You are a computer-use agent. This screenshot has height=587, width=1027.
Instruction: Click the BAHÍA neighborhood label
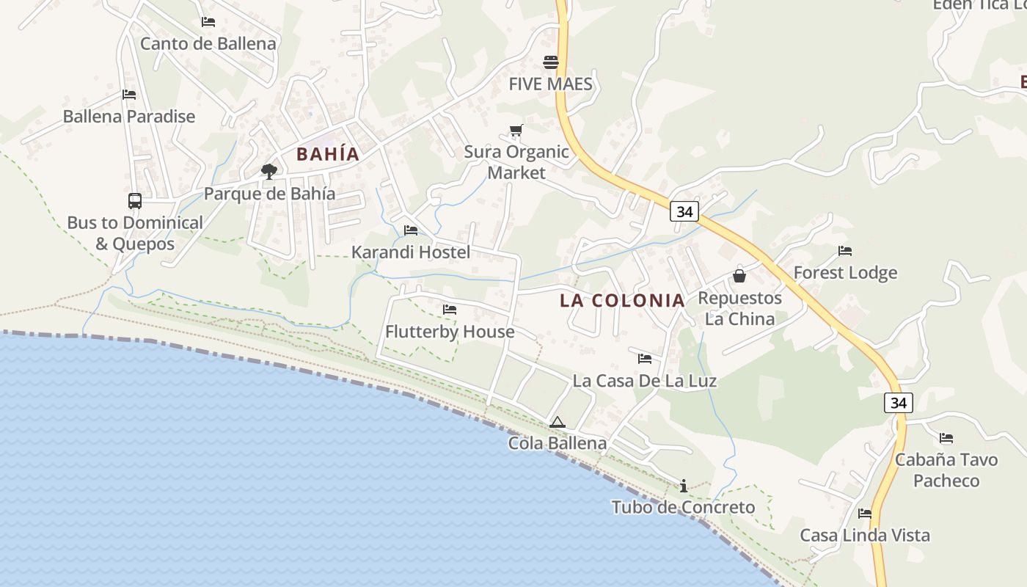(x=328, y=154)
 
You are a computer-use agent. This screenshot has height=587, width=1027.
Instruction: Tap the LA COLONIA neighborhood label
(x=622, y=300)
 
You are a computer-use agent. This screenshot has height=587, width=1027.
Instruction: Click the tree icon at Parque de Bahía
(x=269, y=172)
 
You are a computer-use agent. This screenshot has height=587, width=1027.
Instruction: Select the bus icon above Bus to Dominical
(x=135, y=200)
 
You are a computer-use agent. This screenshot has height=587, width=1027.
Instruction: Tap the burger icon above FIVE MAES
(x=551, y=62)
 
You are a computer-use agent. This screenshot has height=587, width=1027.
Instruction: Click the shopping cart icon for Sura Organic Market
(x=516, y=131)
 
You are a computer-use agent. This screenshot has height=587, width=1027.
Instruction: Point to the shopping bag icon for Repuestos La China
(x=739, y=276)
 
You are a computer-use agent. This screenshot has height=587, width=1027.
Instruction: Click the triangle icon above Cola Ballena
(x=558, y=422)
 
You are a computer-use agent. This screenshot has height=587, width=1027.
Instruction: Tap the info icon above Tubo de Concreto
(x=684, y=486)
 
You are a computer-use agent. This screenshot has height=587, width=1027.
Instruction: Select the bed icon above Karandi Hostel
(x=411, y=230)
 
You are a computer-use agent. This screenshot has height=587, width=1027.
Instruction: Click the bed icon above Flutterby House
(x=450, y=310)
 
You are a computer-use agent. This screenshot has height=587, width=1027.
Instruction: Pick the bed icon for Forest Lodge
(x=845, y=251)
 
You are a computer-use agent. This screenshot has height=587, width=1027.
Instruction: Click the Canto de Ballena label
(x=208, y=43)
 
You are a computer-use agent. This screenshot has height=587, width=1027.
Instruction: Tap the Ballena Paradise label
(x=129, y=116)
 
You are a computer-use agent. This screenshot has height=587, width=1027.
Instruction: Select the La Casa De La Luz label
(x=645, y=381)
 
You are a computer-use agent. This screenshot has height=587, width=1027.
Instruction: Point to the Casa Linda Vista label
(x=865, y=535)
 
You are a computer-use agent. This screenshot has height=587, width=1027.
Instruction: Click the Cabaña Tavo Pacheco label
(x=946, y=470)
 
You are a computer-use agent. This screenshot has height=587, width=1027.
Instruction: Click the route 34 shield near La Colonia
(x=684, y=211)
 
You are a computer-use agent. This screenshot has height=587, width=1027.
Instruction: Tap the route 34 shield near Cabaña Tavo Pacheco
(x=899, y=402)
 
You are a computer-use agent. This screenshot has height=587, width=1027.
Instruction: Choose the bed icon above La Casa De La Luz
(x=645, y=359)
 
